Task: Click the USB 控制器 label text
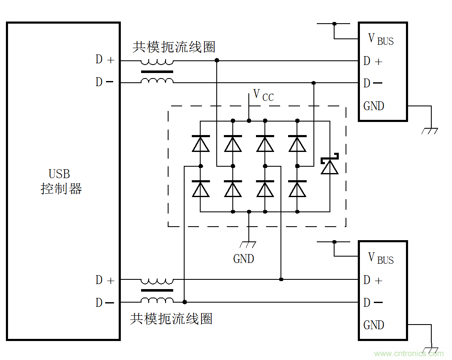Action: (61, 181)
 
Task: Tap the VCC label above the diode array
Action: (263, 95)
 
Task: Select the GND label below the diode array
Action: (244, 258)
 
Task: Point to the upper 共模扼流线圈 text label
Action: (174, 47)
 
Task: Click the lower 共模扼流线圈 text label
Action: (171, 319)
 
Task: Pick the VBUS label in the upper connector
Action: (381, 39)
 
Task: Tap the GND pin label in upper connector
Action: (374, 106)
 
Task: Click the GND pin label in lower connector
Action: (374, 325)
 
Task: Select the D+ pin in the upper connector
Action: (373, 61)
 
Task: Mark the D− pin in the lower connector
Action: (373, 303)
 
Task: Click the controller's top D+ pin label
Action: (105, 60)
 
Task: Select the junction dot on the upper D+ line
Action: (217, 61)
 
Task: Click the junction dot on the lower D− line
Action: (185, 302)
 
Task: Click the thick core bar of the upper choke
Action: (157, 72)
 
